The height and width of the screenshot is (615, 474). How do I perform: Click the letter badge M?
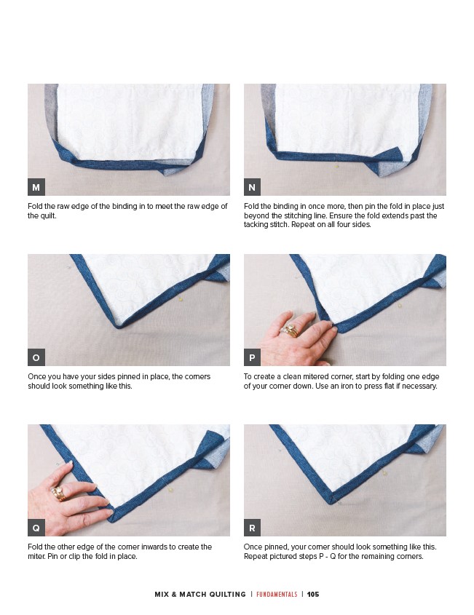click(x=36, y=187)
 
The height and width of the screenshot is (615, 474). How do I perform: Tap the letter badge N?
click(x=253, y=187)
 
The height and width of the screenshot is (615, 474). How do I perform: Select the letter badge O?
click(x=36, y=357)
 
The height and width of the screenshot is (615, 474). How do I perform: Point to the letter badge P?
click(x=253, y=357)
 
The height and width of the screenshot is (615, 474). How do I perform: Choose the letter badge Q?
click(x=36, y=528)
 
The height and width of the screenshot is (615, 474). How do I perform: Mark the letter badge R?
click(x=253, y=528)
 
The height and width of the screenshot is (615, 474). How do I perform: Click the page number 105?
click(x=313, y=594)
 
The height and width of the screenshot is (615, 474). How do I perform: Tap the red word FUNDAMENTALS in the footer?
click(x=277, y=594)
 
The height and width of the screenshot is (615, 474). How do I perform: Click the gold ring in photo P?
click(x=290, y=331)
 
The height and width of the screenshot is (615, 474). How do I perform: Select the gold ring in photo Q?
click(x=59, y=493)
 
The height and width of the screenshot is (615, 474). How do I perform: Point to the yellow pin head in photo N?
click(x=336, y=167)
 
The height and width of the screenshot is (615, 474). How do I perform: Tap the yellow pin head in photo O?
click(x=181, y=300)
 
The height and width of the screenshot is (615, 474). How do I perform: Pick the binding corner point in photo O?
click(x=118, y=327)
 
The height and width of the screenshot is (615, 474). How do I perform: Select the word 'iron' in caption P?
click(x=346, y=386)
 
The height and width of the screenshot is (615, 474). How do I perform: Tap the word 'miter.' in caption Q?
click(x=36, y=556)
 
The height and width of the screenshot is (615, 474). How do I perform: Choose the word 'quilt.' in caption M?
click(x=48, y=215)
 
